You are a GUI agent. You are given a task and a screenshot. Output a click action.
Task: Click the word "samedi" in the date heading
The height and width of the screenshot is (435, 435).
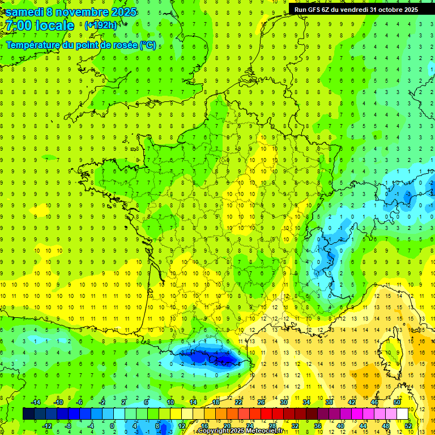point(25,12)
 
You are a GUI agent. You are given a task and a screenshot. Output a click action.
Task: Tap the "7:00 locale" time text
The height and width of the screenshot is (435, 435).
point(40,25)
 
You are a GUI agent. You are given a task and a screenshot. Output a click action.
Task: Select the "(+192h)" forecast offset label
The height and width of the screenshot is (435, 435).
point(101,25)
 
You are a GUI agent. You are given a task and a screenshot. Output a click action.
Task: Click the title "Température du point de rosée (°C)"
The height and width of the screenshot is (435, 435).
point(81,45)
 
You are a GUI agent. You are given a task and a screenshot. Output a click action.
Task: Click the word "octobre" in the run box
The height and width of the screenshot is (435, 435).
point(385,10)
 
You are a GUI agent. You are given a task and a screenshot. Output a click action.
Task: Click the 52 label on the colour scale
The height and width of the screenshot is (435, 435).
point(408,425)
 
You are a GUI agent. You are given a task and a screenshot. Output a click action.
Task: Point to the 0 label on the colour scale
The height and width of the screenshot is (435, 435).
point(112,425)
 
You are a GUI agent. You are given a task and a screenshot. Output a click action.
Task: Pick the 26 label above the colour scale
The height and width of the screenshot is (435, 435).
point(261,402)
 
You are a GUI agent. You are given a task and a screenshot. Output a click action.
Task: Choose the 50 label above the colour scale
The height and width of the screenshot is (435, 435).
point(396,402)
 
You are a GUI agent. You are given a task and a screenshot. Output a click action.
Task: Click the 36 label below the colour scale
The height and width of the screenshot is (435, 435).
point(317,425)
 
